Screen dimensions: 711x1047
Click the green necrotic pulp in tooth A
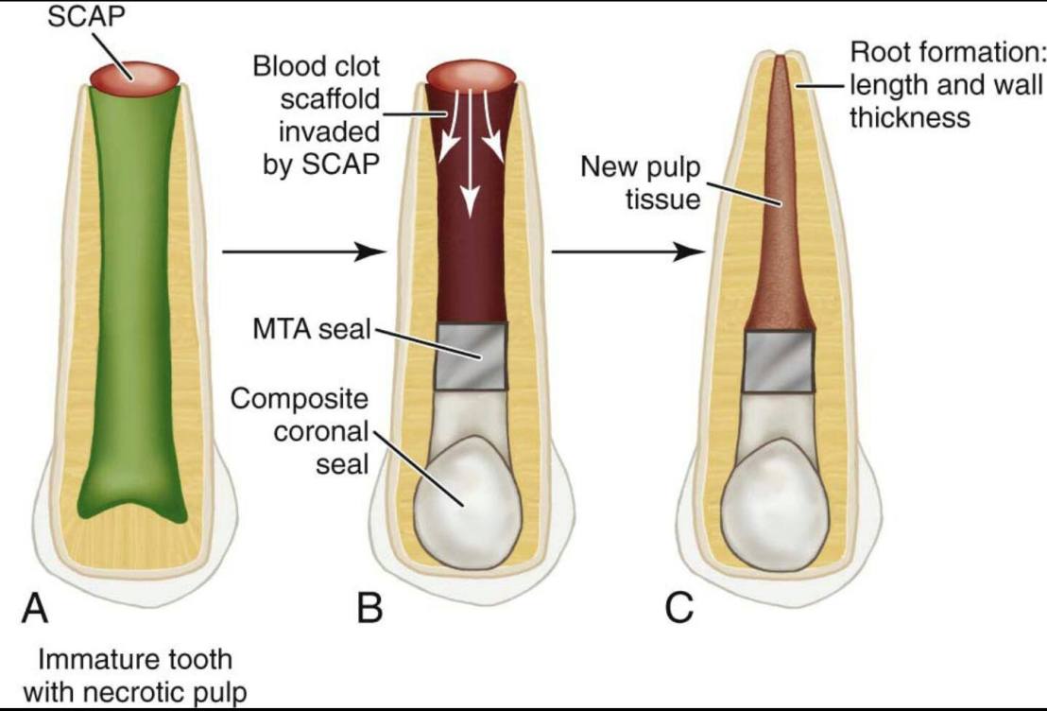(134, 303)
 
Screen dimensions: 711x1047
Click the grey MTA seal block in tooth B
(472, 355)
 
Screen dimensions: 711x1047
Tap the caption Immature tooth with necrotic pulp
(134, 672)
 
